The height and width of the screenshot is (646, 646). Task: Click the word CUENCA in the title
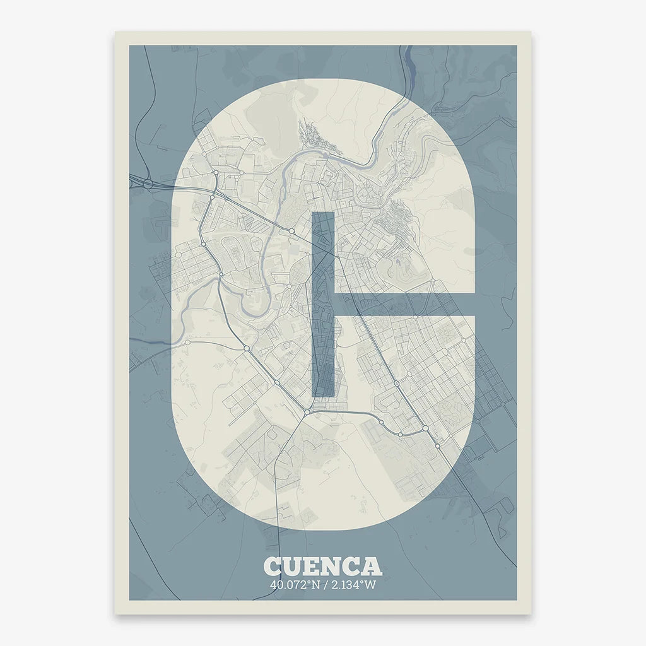[322, 566]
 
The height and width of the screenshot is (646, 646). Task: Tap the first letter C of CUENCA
[273, 566]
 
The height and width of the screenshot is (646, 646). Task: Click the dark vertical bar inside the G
[323, 303]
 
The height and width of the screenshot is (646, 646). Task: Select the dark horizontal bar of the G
[404, 304]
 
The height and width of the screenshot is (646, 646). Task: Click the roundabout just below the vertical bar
[307, 413]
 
